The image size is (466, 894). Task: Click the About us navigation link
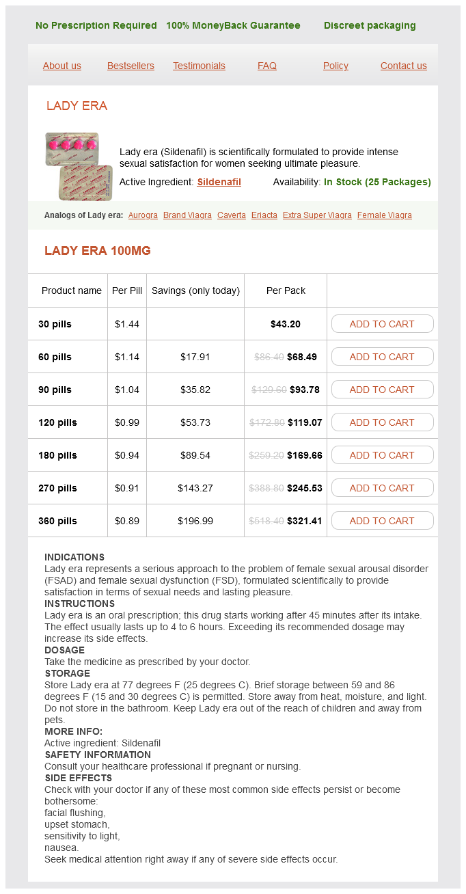pyautogui.click(x=62, y=66)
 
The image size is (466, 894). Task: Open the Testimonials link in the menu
pyautogui.click(x=199, y=66)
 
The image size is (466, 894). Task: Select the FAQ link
pyautogui.click(x=267, y=66)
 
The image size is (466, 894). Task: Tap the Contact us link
pyautogui.click(x=404, y=66)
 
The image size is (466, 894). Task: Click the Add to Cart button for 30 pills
pyautogui.click(x=382, y=324)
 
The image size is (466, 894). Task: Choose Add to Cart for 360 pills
pyautogui.click(x=382, y=521)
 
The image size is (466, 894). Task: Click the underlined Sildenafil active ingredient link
pyautogui.click(x=219, y=182)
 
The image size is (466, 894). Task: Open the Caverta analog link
pyautogui.click(x=232, y=215)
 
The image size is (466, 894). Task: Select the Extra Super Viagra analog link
pyautogui.click(x=317, y=215)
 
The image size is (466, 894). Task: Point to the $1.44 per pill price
pyautogui.click(x=127, y=324)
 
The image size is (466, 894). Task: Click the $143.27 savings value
pyautogui.click(x=195, y=488)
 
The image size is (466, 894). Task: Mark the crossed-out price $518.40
pyautogui.click(x=268, y=521)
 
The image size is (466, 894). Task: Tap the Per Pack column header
pyautogui.click(x=286, y=290)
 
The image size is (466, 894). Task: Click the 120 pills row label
pyautogui.click(x=57, y=422)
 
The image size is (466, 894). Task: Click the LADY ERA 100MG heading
pyautogui.click(x=98, y=251)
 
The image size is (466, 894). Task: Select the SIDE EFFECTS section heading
pyautogui.click(x=78, y=778)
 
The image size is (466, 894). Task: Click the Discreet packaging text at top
pyautogui.click(x=370, y=25)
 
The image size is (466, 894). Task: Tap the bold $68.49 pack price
pyautogui.click(x=302, y=357)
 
